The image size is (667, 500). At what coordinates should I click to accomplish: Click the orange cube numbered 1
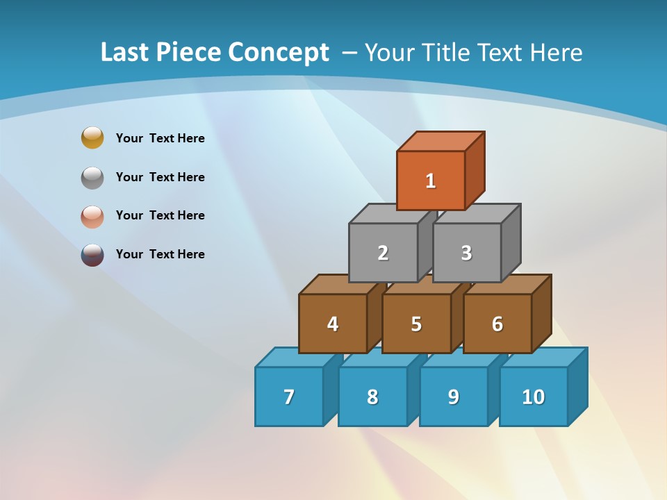point(431,181)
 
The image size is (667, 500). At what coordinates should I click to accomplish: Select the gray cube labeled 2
point(383,253)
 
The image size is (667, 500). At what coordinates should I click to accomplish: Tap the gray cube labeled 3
point(466,253)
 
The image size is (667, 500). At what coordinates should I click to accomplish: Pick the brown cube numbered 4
point(333,324)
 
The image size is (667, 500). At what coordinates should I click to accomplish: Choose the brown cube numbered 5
point(416,324)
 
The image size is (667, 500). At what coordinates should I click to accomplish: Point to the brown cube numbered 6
point(497,324)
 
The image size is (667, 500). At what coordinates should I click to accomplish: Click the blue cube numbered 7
point(289,397)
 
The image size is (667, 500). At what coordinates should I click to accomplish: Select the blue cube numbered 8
point(372,397)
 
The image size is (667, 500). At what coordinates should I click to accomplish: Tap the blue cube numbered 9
point(454,397)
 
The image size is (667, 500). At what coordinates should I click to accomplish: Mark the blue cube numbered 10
point(534,397)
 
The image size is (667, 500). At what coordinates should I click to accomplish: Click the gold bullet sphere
point(92,137)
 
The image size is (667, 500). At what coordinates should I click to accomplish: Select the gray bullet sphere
point(92,177)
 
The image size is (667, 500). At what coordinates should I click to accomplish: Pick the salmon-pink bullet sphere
point(92,216)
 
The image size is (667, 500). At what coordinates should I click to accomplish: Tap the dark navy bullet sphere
point(92,255)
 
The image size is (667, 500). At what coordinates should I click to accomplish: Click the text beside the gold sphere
point(160,138)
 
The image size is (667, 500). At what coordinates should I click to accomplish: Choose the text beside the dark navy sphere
point(160,254)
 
